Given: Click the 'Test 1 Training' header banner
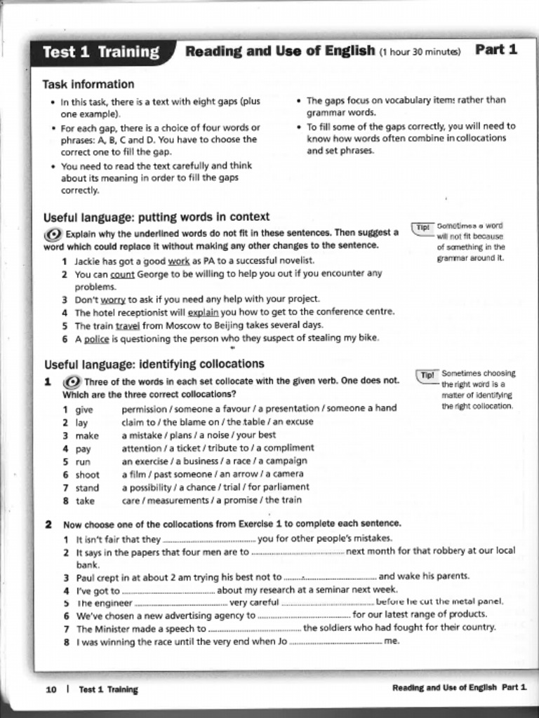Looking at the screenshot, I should click(100, 52).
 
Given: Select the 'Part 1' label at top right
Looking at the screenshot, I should click(496, 49).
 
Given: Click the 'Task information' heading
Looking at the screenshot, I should click(88, 84).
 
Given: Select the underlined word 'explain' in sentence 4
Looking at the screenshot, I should click(203, 312).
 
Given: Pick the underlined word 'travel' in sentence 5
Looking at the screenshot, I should click(128, 325).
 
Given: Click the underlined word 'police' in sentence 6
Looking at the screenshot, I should click(96, 339).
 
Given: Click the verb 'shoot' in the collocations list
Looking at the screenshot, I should click(87, 475).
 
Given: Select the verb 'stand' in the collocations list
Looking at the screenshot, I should click(87, 488).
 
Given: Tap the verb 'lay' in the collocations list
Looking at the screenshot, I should click(81, 422).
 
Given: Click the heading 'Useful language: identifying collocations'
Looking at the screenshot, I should click(154, 364).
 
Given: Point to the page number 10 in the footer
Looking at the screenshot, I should click(51, 689).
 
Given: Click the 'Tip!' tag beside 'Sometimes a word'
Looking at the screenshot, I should click(422, 228).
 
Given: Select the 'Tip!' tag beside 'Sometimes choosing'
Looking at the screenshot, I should click(427, 375).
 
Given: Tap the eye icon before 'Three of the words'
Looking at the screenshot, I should click(72, 381).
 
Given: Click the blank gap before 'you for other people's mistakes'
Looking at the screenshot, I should click(208, 539).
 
